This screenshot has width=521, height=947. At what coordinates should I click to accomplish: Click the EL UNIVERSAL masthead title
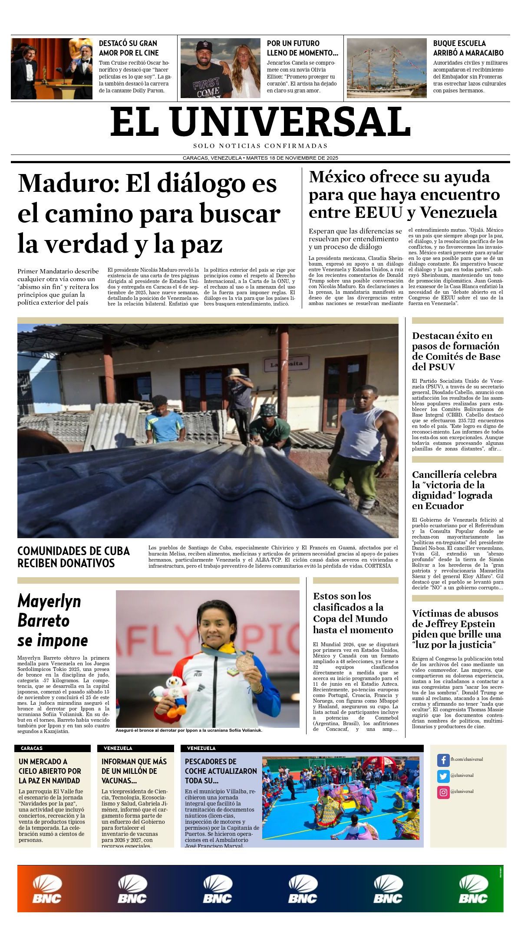point(260,122)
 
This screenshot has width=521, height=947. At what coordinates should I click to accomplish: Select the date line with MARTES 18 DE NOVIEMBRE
point(260,158)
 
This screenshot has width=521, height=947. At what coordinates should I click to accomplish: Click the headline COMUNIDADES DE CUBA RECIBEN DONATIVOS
point(73,557)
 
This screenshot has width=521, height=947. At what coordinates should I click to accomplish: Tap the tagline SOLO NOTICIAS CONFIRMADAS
point(260,146)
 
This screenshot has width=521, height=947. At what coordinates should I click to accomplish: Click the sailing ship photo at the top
point(386,68)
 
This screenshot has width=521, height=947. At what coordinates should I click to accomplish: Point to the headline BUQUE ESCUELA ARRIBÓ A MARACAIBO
point(468,48)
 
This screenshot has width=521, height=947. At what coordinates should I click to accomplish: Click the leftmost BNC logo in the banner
point(47,888)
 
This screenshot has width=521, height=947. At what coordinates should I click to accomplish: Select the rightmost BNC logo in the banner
point(473,888)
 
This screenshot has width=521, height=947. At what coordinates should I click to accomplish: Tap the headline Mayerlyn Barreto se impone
point(52,621)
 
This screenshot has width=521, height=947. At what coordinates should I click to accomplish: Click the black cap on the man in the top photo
point(203,46)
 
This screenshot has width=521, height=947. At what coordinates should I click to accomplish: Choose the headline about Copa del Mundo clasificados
point(353,613)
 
